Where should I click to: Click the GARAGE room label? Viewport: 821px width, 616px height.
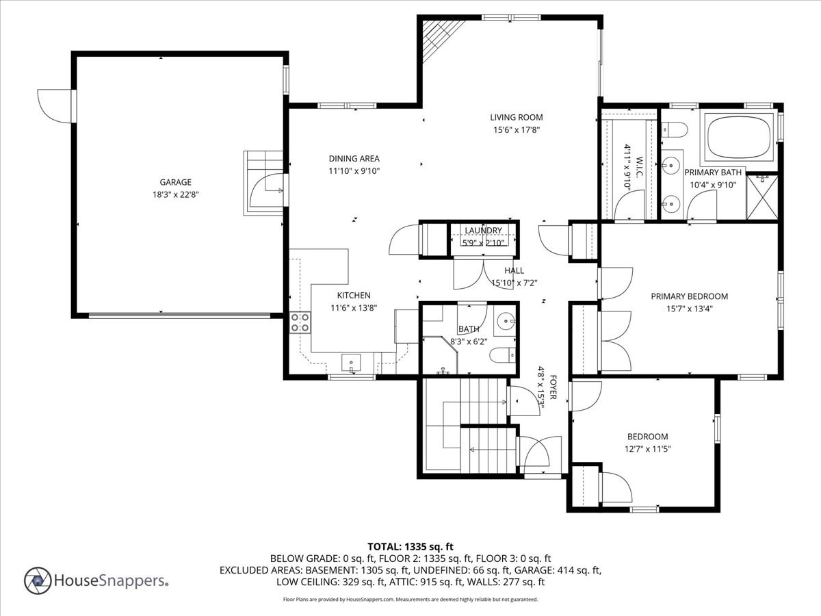tap(175, 182)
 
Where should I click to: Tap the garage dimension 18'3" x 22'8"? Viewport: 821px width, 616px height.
tap(175, 194)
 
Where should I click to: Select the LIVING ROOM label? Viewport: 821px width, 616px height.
tap(516, 118)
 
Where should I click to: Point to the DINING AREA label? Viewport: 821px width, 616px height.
tap(354, 159)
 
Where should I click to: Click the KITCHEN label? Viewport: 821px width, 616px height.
tap(353, 296)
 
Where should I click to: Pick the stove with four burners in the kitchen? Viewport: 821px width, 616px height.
tap(300, 322)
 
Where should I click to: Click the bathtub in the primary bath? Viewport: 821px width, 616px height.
tap(740, 136)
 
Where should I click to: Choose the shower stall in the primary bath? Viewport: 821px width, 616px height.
tap(761, 196)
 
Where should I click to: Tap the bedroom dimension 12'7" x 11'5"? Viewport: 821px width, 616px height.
tap(647, 449)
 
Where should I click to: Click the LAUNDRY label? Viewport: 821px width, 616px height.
tap(483, 231)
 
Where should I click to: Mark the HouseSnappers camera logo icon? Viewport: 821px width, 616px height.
tap(38, 580)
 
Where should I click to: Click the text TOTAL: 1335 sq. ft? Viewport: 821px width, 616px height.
tap(410, 546)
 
